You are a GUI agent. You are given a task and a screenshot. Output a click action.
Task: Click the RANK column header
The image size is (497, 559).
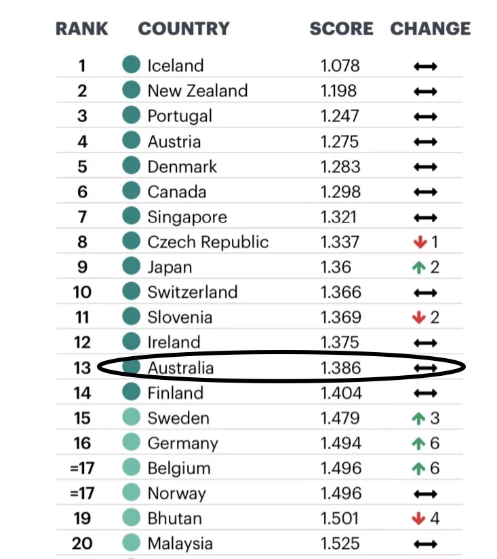[x=81, y=28]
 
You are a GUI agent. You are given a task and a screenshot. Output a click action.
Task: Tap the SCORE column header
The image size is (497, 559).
[x=341, y=28]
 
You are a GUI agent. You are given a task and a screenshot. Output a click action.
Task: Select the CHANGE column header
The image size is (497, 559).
[x=431, y=28]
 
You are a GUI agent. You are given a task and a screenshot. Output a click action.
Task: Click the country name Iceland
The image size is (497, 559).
[x=176, y=66]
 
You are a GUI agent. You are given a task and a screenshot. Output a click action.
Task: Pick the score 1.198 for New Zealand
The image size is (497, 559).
[x=338, y=91]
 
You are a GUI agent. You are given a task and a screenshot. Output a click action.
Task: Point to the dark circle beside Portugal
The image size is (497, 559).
[x=131, y=115]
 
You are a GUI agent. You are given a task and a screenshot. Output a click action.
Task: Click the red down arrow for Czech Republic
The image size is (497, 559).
[x=420, y=242]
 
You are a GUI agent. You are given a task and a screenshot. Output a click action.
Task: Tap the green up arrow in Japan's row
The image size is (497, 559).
[x=419, y=267]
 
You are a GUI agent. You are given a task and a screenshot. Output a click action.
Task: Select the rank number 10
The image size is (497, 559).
[x=82, y=292]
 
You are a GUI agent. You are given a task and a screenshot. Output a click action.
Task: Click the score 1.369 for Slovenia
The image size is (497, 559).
[x=340, y=317]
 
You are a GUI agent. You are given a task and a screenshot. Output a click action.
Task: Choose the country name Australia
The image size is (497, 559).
[x=180, y=368]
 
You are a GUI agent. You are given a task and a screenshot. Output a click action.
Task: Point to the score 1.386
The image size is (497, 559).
[x=340, y=368]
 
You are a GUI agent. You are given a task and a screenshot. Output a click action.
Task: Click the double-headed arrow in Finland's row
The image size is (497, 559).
[x=425, y=393]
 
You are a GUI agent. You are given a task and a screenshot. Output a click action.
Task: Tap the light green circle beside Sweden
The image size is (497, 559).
[x=131, y=417]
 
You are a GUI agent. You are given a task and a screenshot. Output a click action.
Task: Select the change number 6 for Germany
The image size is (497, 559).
[x=435, y=443]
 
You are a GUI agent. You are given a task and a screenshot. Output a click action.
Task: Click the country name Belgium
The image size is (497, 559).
[x=179, y=469]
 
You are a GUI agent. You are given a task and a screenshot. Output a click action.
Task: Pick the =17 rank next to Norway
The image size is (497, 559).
[x=82, y=493]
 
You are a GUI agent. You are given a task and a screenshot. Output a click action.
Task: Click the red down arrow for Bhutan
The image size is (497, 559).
[x=418, y=518]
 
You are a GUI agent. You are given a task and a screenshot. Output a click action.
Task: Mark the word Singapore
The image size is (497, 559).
[x=187, y=218]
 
